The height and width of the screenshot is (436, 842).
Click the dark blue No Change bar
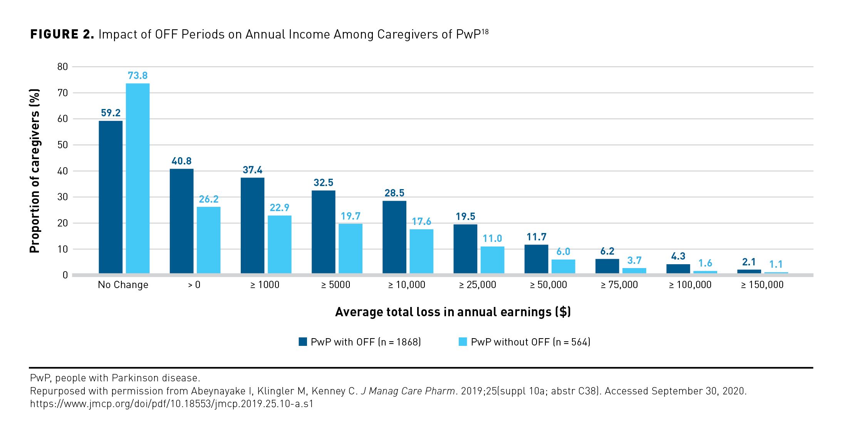[x=111, y=197]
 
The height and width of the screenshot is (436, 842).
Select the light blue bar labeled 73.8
[x=138, y=178]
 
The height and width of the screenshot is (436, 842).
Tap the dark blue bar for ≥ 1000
[x=252, y=225]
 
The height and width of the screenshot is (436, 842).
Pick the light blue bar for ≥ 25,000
[x=492, y=260]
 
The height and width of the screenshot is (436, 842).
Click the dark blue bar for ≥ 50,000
[x=536, y=259]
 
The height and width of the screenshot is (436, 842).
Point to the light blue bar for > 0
[x=208, y=240]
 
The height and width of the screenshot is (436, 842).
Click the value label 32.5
[x=323, y=183]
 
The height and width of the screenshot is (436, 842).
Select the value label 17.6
[x=421, y=221]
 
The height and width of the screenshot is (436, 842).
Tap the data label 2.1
[x=749, y=262]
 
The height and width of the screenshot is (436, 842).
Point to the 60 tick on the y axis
[x=62, y=119]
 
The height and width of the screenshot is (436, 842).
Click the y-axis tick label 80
[x=62, y=67]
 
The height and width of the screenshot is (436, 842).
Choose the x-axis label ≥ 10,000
[x=406, y=285]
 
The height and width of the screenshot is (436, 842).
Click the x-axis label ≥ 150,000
[x=762, y=285]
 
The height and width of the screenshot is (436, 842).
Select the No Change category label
[x=123, y=285]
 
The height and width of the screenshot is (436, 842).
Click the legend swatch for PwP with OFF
[x=303, y=342]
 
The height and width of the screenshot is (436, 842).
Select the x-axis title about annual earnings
[x=453, y=312]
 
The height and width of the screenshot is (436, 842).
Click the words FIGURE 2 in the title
[x=62, y=34]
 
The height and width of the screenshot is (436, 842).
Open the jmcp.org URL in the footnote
[x=172, y=404]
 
